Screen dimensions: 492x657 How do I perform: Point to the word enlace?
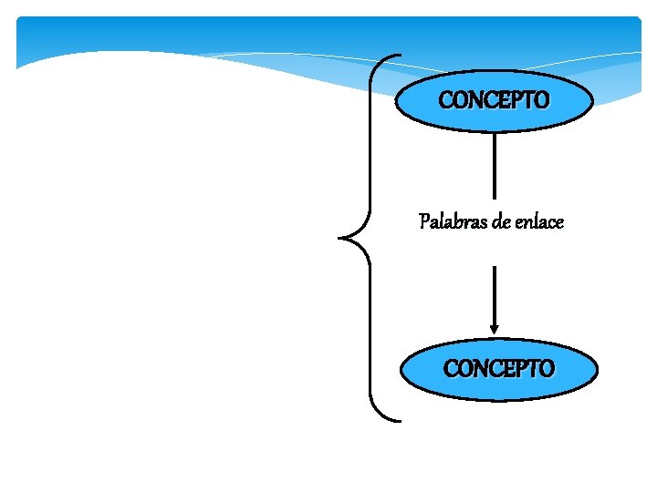pos(539,221)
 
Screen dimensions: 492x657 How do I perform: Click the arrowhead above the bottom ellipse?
pos(494,329)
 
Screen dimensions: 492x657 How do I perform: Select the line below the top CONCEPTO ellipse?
pos(494,164)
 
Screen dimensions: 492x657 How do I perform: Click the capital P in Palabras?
pos(423,221)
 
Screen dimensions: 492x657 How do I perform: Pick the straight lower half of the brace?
pos(372,333)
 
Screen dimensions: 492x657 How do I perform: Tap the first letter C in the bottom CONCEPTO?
pos(451,370)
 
